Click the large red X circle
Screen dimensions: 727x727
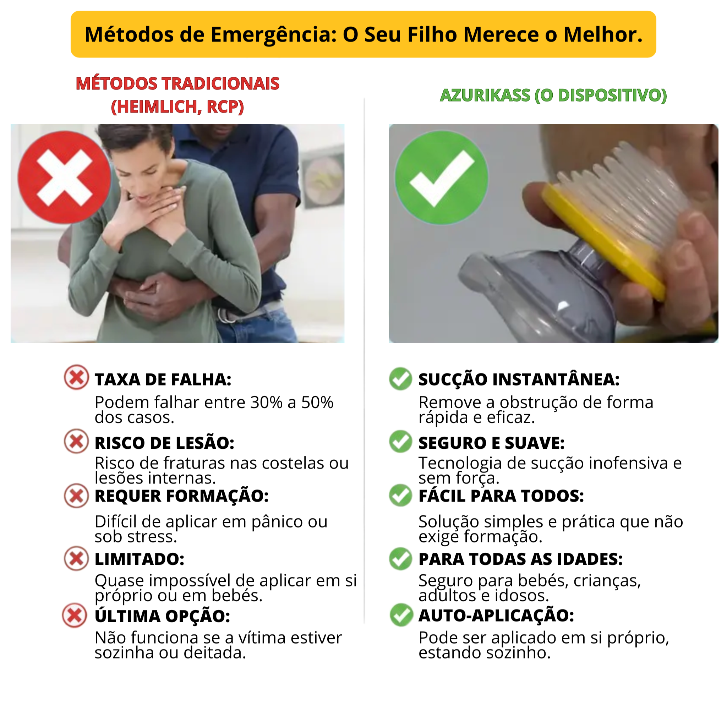64,177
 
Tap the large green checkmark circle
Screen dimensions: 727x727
441,177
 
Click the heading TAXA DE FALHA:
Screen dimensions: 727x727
163,379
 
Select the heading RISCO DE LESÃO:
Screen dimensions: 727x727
164,443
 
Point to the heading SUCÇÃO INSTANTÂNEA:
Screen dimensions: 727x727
519,379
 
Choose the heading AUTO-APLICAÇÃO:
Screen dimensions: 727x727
496,616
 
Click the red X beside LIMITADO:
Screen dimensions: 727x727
76,558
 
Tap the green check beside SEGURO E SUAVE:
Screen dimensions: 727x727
401,441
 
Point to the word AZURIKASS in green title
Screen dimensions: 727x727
485,95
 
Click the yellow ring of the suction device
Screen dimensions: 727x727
602,241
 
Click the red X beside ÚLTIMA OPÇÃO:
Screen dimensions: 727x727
75,616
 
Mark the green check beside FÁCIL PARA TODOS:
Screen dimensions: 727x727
401,496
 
